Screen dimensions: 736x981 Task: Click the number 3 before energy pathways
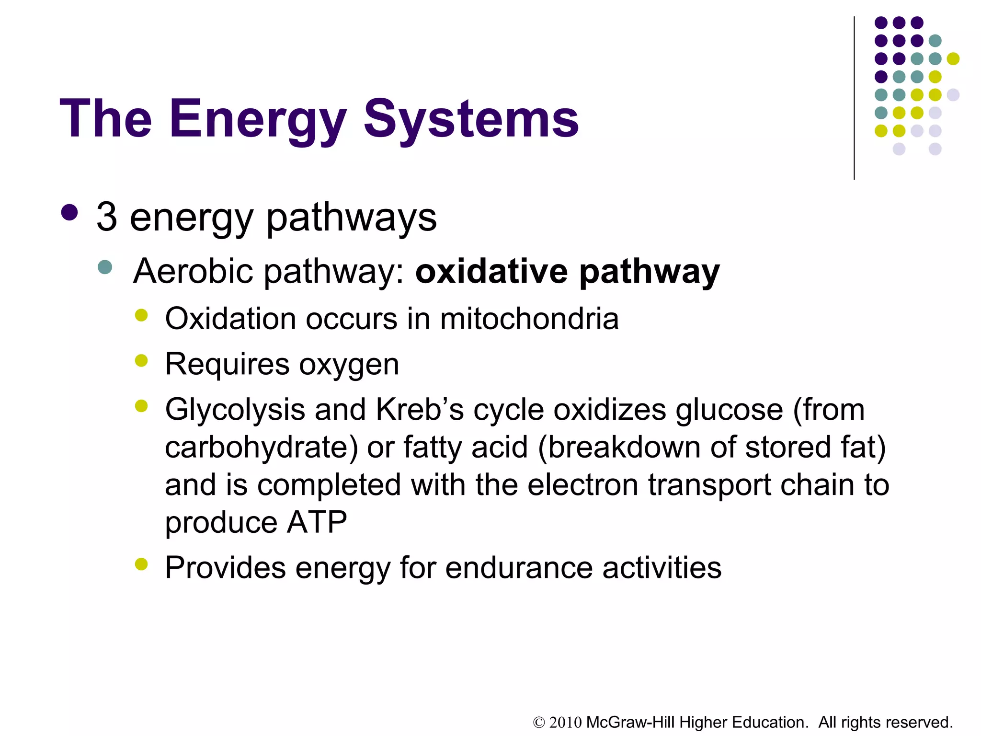pyautogui.click(x=107, y=217)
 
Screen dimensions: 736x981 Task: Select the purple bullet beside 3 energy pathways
pyautogui.click(x=70, y=213)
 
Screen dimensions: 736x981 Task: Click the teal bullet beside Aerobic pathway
pyautogui.click(x=104, y=267)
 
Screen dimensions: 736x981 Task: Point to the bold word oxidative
pyautogui.click(x=491, y=271)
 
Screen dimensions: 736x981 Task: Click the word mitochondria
pyautogui.click(x=529, y=319)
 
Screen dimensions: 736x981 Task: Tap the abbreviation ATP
pyautogui.click(x=317, y=522)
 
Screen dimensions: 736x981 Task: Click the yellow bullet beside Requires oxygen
pyautogui.click(x=141, y=360)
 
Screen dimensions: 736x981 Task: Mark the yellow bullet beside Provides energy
pyautogui.click(x=141, y=564)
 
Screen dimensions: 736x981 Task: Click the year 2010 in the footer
pyautogui.click(x=565, y=722)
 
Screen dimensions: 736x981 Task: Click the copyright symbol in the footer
pyautogui.click(x=539, y=723)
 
